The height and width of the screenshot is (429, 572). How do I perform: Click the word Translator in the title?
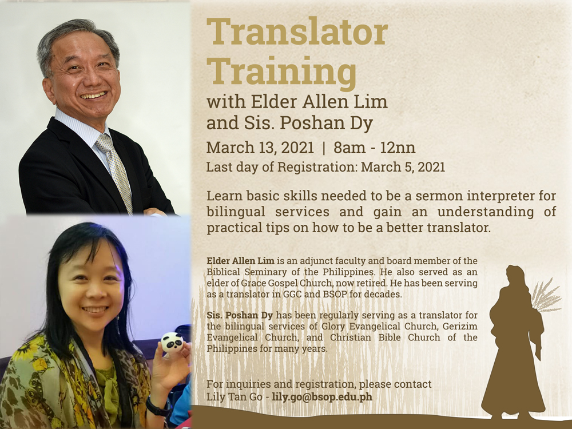[297, 31]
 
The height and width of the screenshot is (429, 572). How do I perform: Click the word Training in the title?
[281, 72]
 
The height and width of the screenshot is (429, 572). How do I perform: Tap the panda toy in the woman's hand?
[172, 342]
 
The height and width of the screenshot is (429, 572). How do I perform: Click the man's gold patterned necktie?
[115, 171]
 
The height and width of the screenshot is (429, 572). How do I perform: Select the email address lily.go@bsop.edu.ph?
[322, 396]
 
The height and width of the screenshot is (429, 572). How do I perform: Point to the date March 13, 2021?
[260, 148]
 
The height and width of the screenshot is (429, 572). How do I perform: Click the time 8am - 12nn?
[374, 148]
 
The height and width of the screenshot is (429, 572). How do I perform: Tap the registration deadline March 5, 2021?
[403, 167]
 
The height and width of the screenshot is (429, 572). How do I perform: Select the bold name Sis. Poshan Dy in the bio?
[240, 315]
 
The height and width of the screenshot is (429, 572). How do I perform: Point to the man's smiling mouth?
[93, 96]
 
